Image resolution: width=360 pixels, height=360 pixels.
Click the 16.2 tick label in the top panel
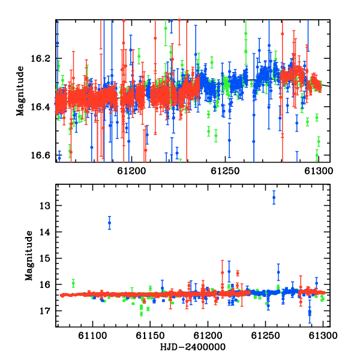click(40, 59)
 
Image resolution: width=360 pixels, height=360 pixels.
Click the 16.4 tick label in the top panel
click(40, 107)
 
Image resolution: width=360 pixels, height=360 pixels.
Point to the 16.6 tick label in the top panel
click(40, 155)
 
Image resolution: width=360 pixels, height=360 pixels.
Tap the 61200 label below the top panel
click(131, 171)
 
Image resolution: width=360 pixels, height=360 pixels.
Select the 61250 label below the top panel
click(225, 171)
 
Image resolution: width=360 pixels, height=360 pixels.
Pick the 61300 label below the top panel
click(319, 171)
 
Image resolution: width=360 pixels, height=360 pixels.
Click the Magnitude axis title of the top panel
click(20, 91)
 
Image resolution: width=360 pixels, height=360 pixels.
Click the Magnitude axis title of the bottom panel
click(29, 256)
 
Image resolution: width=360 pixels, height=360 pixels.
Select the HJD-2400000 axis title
click(193, 347)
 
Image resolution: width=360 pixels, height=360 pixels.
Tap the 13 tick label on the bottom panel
click(45, 206)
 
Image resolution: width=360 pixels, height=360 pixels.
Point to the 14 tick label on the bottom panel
click(45, 232)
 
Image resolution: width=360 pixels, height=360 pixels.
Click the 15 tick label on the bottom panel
click(45, 259)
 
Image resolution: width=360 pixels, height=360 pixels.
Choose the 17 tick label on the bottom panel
click(45, 311)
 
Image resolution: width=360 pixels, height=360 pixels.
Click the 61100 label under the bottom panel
click(92, 335)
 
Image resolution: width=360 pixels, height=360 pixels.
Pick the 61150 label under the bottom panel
click(150, 335)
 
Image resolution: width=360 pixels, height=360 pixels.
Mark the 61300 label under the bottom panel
click(323, 335)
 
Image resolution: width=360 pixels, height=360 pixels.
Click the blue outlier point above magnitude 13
click(274, 197)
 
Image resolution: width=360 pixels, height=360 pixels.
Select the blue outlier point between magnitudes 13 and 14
click(110, 223)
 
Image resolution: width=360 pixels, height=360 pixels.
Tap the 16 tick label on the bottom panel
click(45, 284)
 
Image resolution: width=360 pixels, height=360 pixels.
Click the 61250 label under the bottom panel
click(265, 335)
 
